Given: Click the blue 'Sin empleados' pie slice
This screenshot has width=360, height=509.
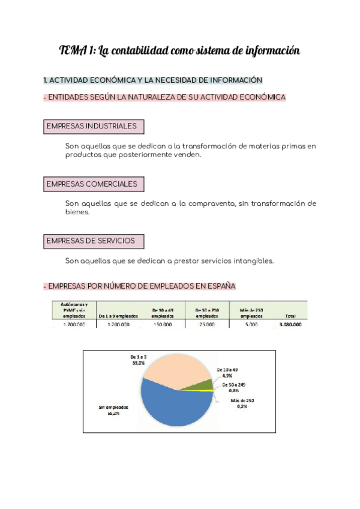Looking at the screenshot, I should tap(174, 408).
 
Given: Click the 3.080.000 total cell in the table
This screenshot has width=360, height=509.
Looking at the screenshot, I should tap(290, 324).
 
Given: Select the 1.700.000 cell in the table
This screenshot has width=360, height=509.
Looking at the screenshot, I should tap(74, 324).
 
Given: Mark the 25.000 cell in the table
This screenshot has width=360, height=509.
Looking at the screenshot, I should tap(206, 324).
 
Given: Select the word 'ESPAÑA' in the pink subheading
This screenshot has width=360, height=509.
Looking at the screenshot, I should tap(220, 286).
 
